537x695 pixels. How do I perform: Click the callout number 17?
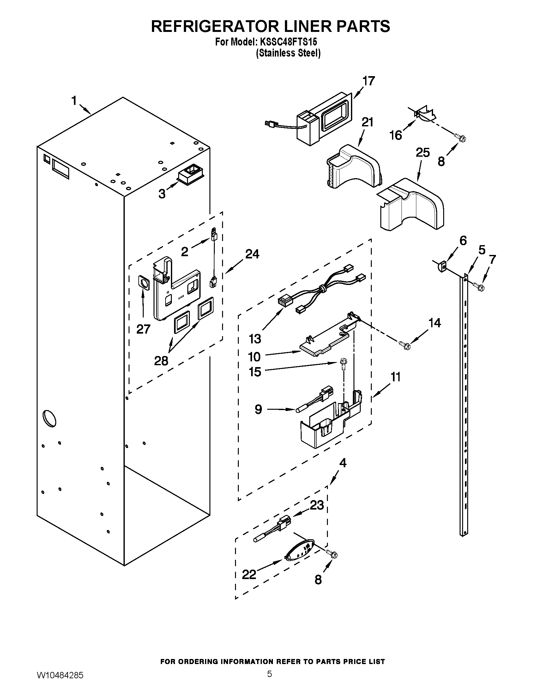click(x=369, y=81)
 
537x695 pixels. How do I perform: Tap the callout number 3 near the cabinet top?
click(x=162, y=193)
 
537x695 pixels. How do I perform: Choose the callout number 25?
click(x=423, y=153)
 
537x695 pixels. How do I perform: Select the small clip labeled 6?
click(x=441, y=266)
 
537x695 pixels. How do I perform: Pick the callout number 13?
click(x=255, y=339)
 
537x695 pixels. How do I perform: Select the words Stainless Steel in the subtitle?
click(x=288, y=53)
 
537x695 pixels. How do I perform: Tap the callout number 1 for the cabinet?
click(x=74, y=101)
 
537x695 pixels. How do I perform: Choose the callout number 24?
click(x=252, y=254)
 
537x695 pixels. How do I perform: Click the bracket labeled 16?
click(x=424, y=115)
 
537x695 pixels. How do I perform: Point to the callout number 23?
click(x=317, y=505)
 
